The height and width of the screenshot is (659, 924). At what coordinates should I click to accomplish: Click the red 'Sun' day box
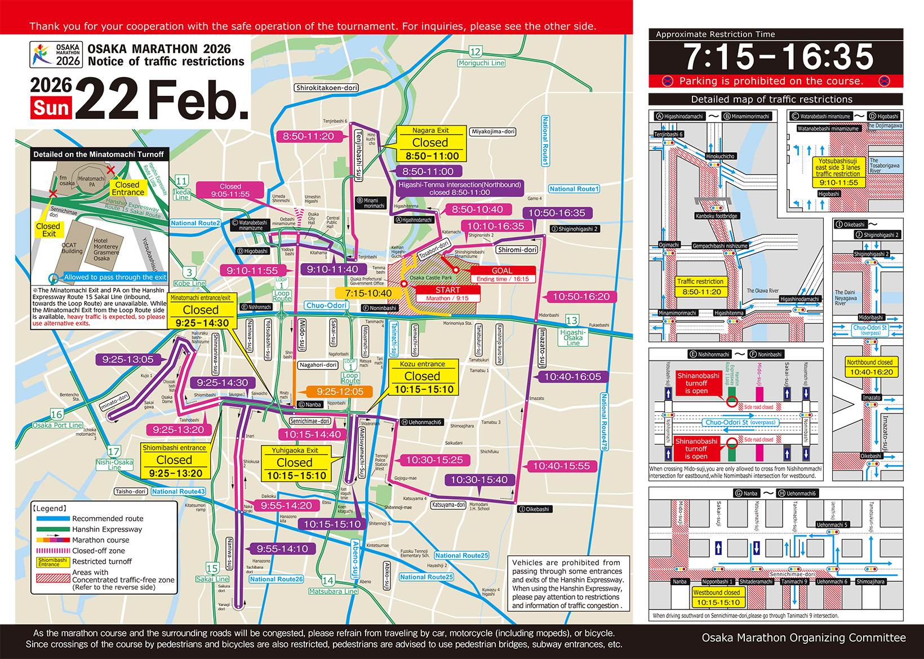click(51, 108)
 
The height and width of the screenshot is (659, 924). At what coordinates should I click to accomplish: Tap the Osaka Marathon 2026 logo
click(56, 55)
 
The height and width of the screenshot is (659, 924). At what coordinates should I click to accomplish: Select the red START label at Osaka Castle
click(447, 290)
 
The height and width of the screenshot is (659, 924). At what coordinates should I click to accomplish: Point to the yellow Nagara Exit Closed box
click(431, 144)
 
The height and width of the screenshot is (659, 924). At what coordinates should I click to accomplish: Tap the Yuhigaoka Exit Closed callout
click(295, 463)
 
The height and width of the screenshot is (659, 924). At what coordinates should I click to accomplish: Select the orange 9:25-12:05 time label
click(340, 391)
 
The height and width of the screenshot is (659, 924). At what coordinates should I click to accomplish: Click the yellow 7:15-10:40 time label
click(368, 293)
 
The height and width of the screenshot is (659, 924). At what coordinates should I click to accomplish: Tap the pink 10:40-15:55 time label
click(561, 466)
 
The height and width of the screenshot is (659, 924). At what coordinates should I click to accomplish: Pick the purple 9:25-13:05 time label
click(128, 359)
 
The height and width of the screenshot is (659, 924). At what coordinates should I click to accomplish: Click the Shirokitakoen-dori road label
click(327, 88)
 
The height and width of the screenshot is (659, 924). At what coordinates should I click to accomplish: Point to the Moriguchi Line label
click(481, 63)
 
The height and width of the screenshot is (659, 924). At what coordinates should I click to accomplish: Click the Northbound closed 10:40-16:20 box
click(871, 367)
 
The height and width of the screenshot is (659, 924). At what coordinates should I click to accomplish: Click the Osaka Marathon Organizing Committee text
click(803, 638)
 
